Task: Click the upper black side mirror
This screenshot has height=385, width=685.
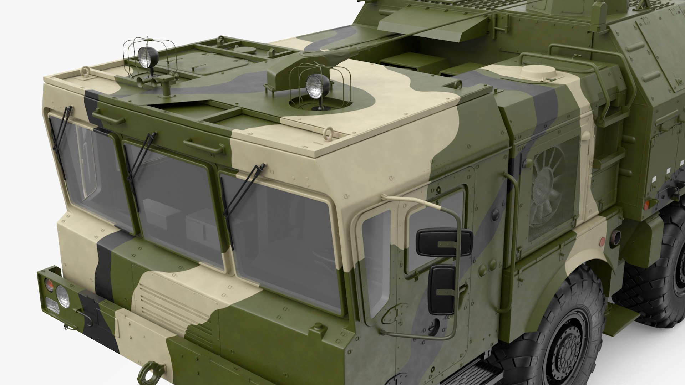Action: click(444, 242)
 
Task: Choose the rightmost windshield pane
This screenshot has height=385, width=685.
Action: click(282, 242)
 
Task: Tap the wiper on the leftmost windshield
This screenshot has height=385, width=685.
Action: click(61, 128)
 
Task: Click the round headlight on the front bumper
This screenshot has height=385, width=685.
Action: click(63, 296)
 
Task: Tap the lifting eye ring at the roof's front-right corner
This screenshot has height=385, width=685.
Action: click(328, 134)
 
